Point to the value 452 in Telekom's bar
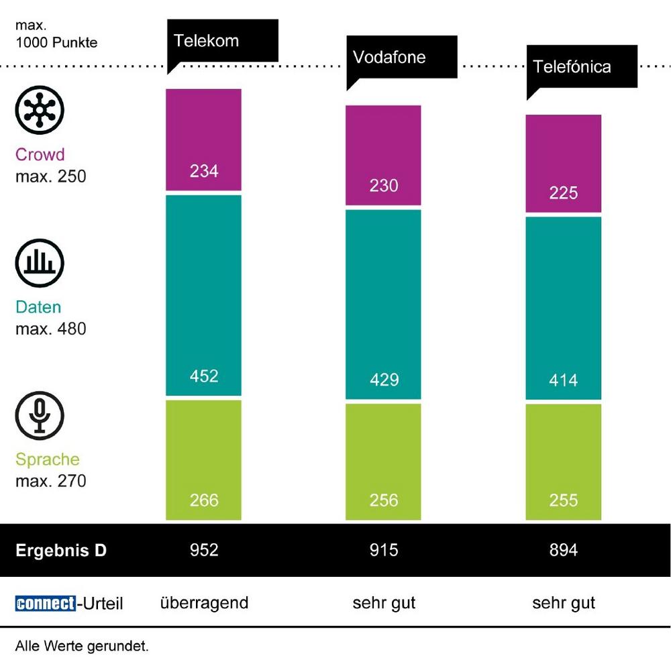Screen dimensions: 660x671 [x=204, y=376]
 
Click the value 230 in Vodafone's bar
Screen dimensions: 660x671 [x=384, y=185]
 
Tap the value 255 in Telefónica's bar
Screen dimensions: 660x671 [x=564, y=500]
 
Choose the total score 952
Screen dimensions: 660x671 [x=204, y=550]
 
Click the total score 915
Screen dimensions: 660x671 [x=384, y=550]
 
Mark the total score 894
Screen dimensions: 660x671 [x=564, y=550]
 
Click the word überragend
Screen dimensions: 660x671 [x=204, y=602]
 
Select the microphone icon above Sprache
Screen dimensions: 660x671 [x=40, y=413]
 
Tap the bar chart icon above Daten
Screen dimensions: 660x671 [x=40, y=261]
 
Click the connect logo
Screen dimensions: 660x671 [x=45, y=603]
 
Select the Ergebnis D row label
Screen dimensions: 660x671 [x=61, y=551]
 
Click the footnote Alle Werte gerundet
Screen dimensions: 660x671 [x=81, y=647]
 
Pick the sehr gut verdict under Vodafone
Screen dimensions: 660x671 [x=384, y=602]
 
